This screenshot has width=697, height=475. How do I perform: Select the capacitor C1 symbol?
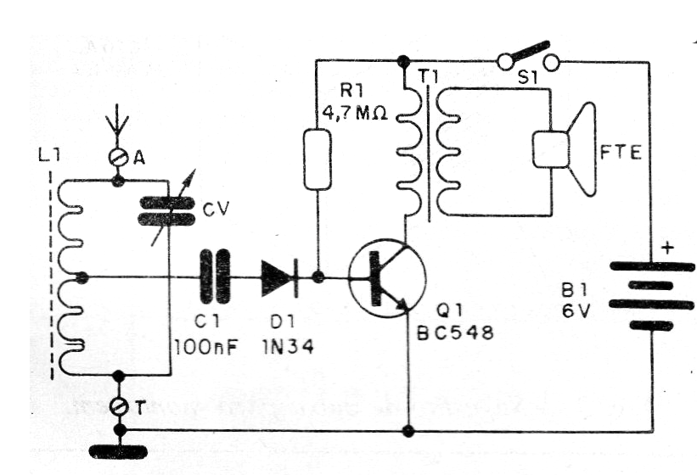215,277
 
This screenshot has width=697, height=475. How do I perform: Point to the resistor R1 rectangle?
316,159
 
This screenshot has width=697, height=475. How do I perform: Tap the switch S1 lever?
529,53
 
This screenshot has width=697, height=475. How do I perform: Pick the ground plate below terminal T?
118,450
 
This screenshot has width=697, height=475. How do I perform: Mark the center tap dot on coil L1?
82,277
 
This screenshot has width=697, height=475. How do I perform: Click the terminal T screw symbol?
118,408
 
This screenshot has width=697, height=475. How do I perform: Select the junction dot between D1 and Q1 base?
318,277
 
